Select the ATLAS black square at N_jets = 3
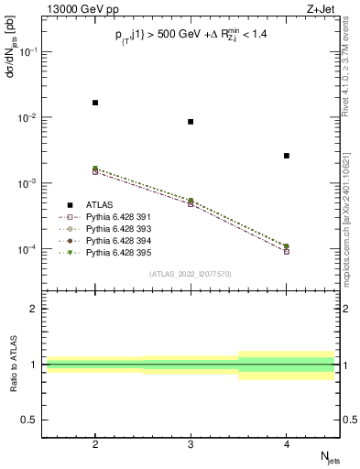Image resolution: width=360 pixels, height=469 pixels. pyautogui.click(x=191, y=122)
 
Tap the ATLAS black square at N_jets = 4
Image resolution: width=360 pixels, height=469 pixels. pyautogui.click(x=287, y=156)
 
